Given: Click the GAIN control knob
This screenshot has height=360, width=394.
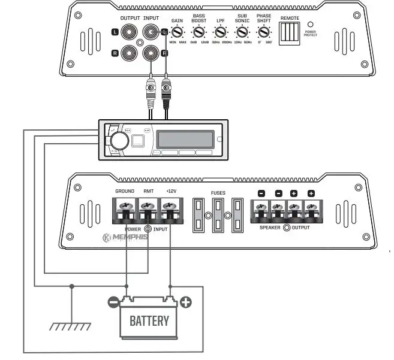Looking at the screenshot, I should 177,34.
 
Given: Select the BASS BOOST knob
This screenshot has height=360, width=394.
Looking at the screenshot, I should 198,34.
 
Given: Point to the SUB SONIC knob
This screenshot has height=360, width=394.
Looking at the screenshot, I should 242,34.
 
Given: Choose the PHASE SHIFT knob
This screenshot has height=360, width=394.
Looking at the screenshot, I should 263,34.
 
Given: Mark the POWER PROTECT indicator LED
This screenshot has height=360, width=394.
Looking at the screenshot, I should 310,25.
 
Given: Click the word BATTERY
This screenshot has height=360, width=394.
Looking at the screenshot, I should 149,320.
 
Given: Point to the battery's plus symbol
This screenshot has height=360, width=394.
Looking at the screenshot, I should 186,302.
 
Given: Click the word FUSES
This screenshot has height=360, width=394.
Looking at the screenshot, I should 218,193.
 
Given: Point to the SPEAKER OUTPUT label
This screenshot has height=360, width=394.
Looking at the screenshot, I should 285,228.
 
